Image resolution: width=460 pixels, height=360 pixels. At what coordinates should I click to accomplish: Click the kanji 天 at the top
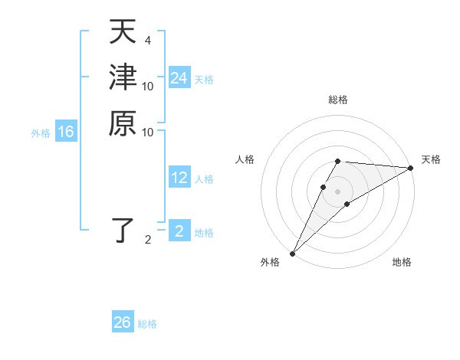pyautogui.click(x=122, y=33)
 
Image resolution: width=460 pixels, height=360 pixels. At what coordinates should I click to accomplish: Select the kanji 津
pyautogui.click(x=122, y=77)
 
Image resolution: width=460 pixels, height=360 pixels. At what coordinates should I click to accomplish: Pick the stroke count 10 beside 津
pyautogui.click(x=148, y=86)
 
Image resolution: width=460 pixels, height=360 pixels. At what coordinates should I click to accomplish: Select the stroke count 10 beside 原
pyautogui.click(x=148, y=132)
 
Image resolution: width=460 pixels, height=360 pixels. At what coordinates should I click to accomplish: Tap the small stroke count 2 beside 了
pyautogui.click(x=147, y=240)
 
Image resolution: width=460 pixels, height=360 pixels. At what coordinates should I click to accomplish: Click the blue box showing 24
pyautogui.click(x=179, y=79)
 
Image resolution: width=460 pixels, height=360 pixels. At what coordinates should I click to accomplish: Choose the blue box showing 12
pyautogui.click(x=179, y=178)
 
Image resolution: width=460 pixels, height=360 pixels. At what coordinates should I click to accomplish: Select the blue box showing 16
pyautogui.click(x=66, y=133)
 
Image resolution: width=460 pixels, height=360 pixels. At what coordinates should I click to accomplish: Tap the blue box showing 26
pyautogui.click(x=123, y=322)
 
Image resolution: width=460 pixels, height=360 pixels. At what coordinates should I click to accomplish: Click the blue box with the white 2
pyautogui.click(x=179, y=231)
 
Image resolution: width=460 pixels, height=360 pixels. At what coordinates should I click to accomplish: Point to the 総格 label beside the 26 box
pyautogui.click(x=147, y=324)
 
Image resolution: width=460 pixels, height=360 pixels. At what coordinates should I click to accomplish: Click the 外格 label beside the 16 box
pyautogui.click(x=41, y=133)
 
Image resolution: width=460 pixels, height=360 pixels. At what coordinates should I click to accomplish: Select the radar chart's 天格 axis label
pyautogui.click(x=431, y=159)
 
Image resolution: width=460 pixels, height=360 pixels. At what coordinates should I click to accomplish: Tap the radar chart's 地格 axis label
pyautogui.click(x=402, y=262)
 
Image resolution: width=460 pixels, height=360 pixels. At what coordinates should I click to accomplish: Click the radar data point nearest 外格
pyautogui.click(x=292, y=254)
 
